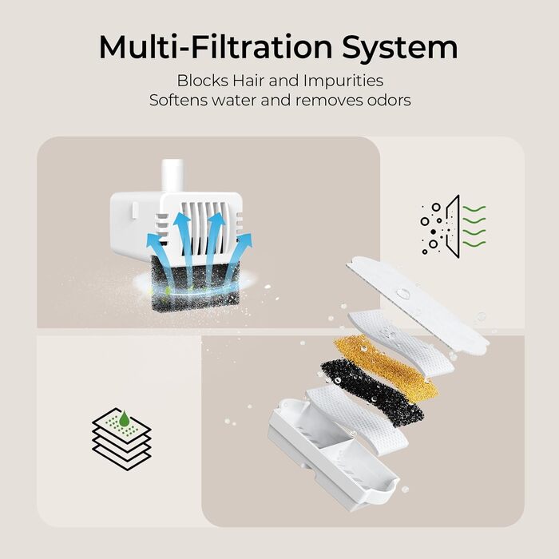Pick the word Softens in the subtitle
coord(175,101)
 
